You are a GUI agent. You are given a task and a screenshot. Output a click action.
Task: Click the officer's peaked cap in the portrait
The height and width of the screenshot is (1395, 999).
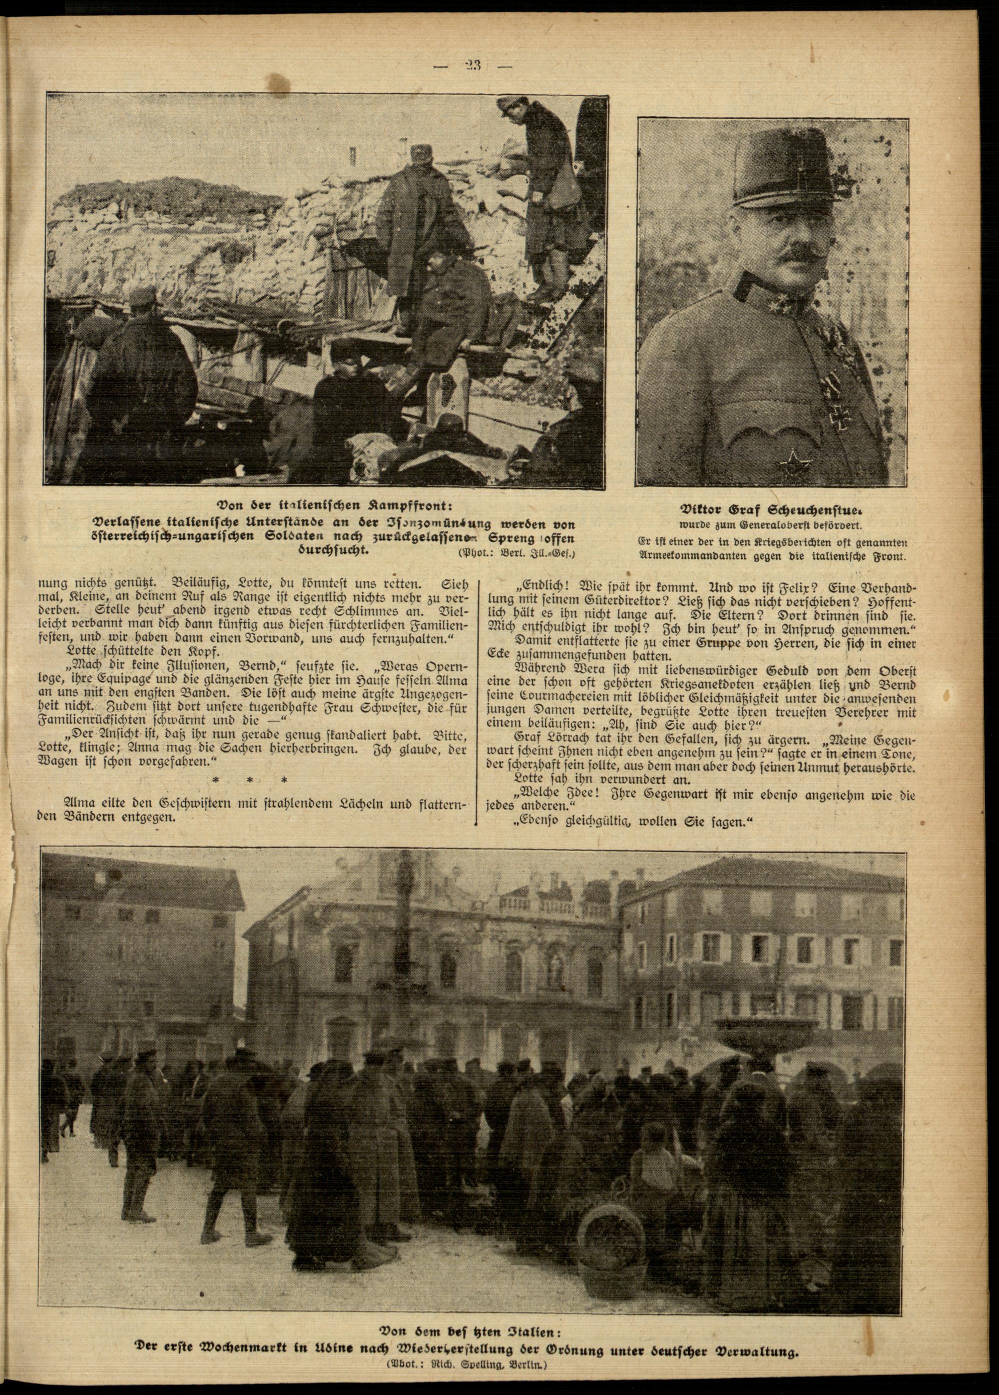[x=773, y=169]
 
